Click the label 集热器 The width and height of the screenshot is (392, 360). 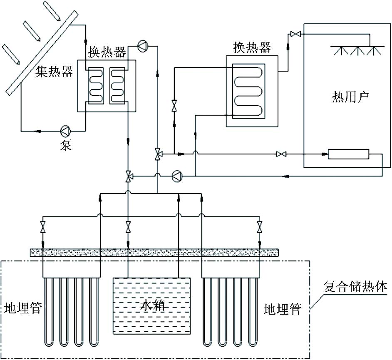point(54,72)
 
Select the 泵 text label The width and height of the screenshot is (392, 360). point(65,144)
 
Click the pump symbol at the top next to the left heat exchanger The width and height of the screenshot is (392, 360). point(143,46)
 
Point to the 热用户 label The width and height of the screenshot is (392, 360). point(350,97)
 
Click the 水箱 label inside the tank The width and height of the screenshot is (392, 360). point(152,305)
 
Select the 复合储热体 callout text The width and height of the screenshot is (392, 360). point(355,287)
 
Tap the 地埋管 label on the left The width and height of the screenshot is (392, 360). point(23,308)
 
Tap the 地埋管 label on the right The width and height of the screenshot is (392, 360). point(283,309)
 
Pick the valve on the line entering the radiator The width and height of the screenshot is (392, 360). point(281,154)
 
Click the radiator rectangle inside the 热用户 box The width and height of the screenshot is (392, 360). point(348,154)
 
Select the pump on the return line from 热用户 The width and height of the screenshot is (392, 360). point(178,176)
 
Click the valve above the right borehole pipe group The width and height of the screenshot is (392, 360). point(260,227)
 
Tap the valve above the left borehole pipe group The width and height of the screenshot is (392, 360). point(43,227)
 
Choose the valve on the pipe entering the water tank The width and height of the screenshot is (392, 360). point(128,227)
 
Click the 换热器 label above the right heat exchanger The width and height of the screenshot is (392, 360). point(252,47)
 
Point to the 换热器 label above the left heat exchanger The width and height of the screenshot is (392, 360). point(107,52)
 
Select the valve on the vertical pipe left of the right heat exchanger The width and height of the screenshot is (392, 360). point(174,105)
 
